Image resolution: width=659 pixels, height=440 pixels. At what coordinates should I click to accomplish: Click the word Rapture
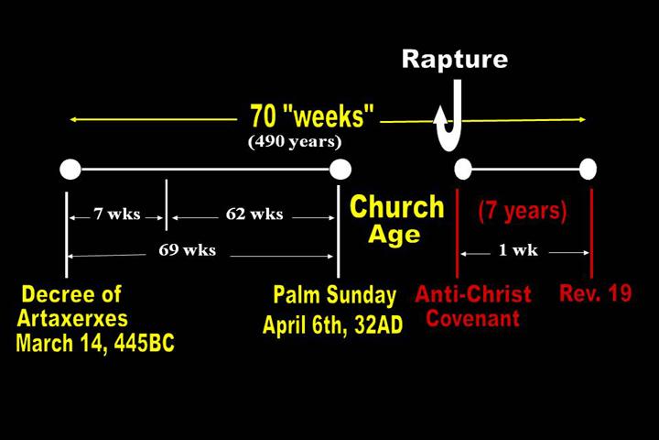coord(455,60)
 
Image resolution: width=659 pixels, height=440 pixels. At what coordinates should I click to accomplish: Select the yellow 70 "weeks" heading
coord(312,115)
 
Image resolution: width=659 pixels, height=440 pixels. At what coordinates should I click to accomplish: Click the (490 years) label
coord(295,141)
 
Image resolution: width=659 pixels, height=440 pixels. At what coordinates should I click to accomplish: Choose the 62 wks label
coord(254,214)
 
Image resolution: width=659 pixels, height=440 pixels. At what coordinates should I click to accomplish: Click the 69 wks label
coord(188,250)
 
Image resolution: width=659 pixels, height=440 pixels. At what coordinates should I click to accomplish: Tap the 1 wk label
coord(518,250)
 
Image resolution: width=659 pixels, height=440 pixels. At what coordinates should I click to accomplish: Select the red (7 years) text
coord(523,211)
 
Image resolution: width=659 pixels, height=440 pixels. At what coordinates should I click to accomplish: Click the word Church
coord(397,207)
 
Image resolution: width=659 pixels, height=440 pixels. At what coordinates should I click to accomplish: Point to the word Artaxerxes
coord(72,318)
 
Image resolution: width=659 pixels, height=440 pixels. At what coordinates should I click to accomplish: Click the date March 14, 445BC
coord(95,343)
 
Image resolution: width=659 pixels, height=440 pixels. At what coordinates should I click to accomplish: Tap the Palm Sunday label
coord(335,295)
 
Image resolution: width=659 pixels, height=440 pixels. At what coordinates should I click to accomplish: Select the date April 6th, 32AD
coord(333,324)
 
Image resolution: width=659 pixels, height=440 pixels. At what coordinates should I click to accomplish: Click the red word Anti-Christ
coord(473,294)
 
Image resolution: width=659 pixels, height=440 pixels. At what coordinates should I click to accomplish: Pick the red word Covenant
coord(473,318)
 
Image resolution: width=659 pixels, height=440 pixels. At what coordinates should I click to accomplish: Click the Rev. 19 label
coord(596,293)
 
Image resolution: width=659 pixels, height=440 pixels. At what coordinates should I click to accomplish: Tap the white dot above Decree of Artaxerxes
coord(70,170)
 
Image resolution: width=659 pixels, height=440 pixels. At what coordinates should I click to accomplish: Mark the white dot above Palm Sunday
coord(340,170)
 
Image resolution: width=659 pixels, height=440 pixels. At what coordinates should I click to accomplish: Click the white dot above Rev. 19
coord(588,170)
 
